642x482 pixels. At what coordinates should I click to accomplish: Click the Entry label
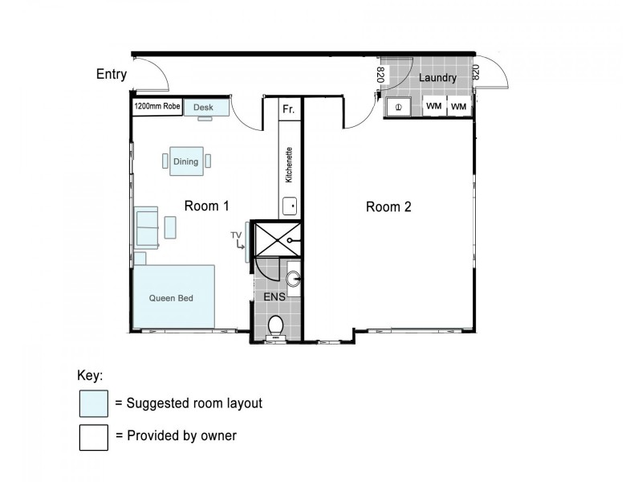tap(112, 74)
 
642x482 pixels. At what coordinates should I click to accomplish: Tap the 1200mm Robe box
tap(157, 107)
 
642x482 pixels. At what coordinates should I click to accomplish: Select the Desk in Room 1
tap(206, 108)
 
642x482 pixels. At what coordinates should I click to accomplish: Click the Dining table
tap(186, 161)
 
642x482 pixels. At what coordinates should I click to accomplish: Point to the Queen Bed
tap(174, 296)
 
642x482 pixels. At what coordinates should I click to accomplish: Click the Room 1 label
tap(207, 206)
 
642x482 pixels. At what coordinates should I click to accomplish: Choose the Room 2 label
tap(388, 207)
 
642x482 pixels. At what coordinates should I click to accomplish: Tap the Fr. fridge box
tap(290, 108)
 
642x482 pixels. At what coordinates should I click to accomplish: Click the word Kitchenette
tap(289, 165)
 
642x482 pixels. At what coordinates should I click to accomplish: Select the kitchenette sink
tap(290, 206)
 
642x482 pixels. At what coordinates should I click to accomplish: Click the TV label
tap(236, 235)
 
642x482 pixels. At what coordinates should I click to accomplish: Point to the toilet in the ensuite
tap(275, 326)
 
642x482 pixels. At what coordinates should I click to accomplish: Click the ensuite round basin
tap(293, 280)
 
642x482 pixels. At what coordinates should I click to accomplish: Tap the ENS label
tap(274, 296)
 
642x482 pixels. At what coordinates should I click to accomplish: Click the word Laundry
tap(437, 77)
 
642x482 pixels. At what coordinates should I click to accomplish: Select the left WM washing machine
tap(434, 106)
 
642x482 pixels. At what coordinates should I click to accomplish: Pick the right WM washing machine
tap(458, 106)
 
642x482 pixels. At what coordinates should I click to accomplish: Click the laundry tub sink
tap(398, 108)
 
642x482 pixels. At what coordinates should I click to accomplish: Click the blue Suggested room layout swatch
tap(94, 403)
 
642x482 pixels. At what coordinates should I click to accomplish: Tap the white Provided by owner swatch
tap(94, 437)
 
